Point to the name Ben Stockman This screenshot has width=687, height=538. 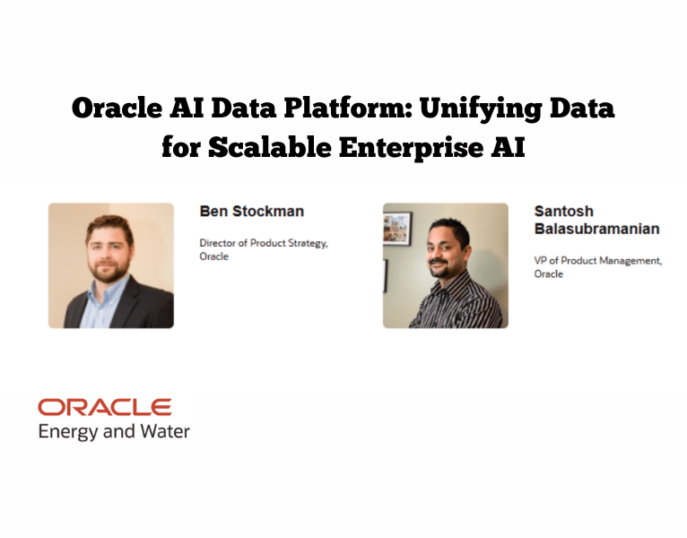(251, 212)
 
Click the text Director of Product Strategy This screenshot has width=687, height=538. (263, 243)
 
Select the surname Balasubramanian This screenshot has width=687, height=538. (596, 229)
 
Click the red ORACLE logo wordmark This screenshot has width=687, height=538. (104, 408)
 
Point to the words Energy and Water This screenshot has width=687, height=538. (114, 432)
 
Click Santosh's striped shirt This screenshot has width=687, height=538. (457, 305)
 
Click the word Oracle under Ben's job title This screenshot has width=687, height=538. (213, 256)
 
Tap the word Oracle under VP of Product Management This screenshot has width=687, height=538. (549, 273)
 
